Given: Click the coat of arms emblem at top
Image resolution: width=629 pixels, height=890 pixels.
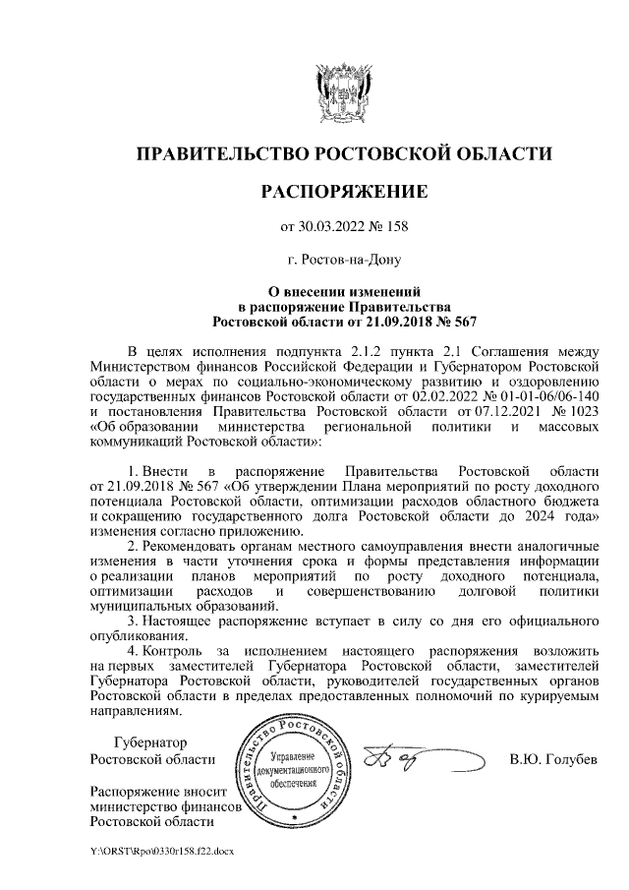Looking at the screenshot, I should (x=344, y=92).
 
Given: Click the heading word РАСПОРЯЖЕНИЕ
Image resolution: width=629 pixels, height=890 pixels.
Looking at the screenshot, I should (x=343, y=190).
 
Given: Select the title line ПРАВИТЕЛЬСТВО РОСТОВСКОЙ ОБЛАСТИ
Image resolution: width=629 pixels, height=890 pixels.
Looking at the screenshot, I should (x=343, y=153).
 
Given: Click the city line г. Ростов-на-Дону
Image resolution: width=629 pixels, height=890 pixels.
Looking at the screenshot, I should (x=344, y=260).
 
